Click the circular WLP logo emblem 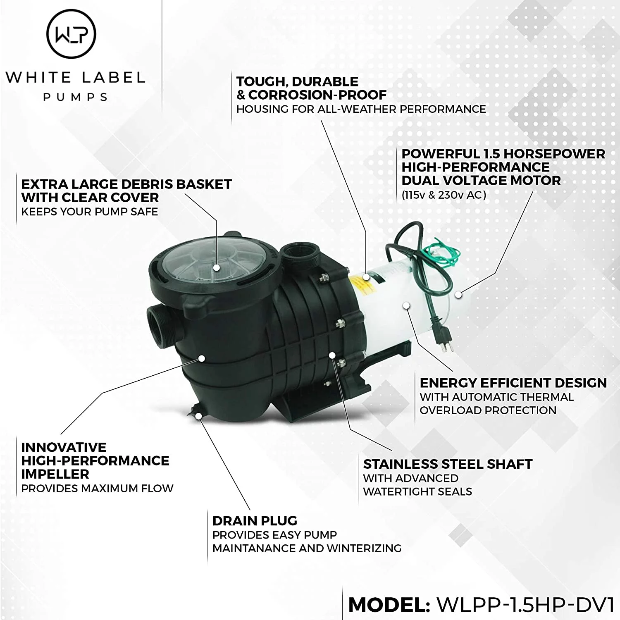[71, 34]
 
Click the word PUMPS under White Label [75, 97]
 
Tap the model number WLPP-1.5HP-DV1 [525, 605]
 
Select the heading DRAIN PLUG [255, 521]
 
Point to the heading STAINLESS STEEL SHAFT [448, 464]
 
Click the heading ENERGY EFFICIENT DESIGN [513, 383]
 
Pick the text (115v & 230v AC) [444, 195]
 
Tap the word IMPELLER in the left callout [55, 474]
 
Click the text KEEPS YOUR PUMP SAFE [89, 212]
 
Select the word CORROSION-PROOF [317, 95]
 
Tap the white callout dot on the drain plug [199, 416]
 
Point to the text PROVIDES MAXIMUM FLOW [97, 489]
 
